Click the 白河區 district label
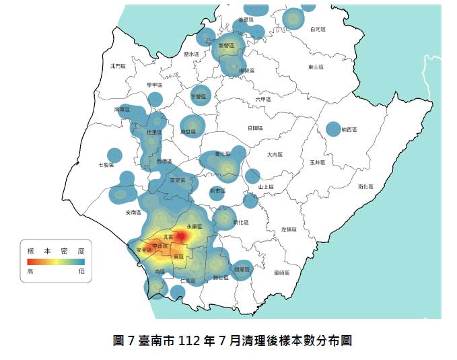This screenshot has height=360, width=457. (318, 30)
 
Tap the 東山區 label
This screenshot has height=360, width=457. (316, 67)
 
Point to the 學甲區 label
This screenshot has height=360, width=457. (155, 85)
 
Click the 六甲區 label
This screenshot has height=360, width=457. (263, 100)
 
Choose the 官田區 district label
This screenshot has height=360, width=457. (255, 128)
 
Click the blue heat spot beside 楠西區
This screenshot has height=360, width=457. (333, 129)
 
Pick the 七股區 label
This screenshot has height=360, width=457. (106, 164)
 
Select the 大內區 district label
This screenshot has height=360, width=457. (274, 155)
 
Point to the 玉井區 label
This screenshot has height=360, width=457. (318, 163)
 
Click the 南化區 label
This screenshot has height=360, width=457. (365, 186)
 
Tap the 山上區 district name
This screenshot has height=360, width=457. (265, 187)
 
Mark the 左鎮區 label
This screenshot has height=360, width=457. (289, 229)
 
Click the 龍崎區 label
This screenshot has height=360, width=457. (282, 272)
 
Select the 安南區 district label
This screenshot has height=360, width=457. (133, 213)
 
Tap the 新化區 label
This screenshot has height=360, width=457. (240, 223)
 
